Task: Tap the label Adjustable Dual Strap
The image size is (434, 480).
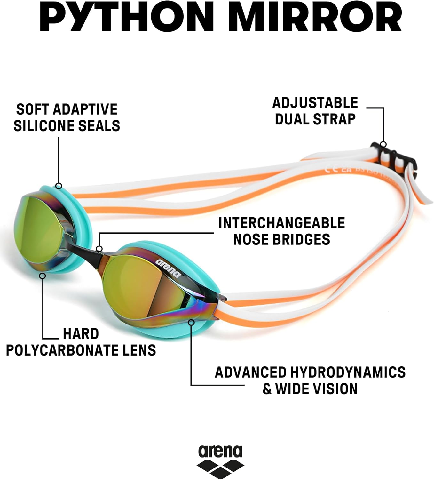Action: pos(315,111)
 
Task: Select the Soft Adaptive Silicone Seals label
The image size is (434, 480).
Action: pos(67,117)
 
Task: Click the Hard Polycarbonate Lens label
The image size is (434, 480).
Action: pos(81,342)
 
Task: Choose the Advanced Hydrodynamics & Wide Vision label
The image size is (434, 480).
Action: pos(310,380)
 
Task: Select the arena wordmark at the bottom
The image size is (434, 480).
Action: pos(220,452)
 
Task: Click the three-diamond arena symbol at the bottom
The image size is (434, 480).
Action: pos(220,468)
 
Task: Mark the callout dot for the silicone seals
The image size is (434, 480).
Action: pos(59,186)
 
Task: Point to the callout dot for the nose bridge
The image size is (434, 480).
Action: pos(99,249)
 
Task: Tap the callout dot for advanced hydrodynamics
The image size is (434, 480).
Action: pos(191,322)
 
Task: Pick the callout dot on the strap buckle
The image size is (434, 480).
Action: pos(383,144)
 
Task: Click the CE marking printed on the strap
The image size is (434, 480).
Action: pos(331,169)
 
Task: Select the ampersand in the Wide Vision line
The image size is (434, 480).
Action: pos(267,389)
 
